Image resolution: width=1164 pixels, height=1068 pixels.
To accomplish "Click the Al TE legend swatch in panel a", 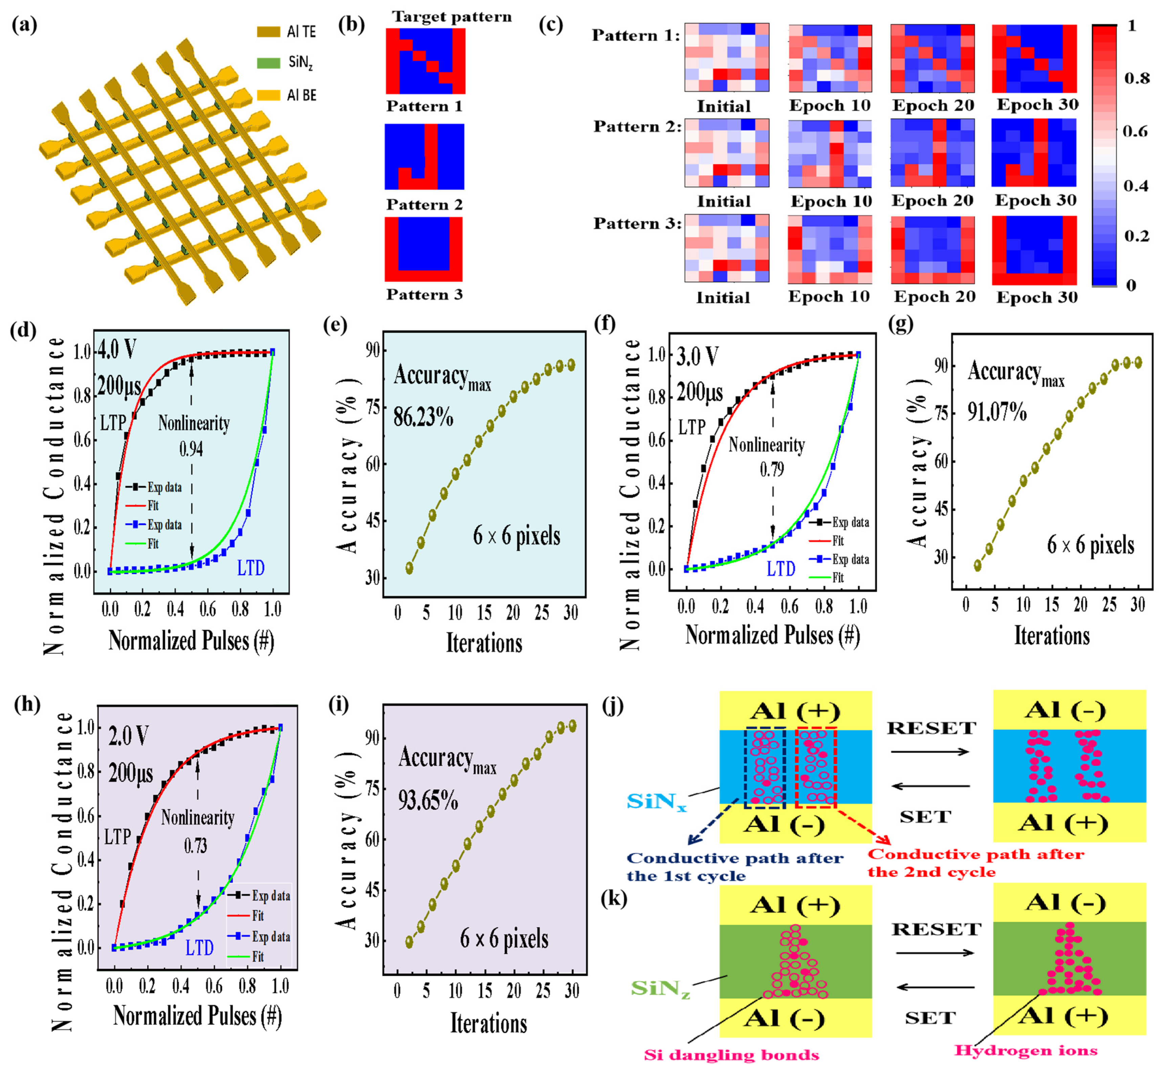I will [268, 32].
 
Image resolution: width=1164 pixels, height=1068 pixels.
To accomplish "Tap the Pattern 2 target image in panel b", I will [424, 157].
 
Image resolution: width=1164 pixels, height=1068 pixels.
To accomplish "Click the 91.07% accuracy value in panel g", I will [997, 412].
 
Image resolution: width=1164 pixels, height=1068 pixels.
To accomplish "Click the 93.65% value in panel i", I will [428, 801].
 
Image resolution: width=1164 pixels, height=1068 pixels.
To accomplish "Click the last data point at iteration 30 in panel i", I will [572, 726].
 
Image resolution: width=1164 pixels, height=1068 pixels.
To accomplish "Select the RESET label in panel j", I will [931, 728].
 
